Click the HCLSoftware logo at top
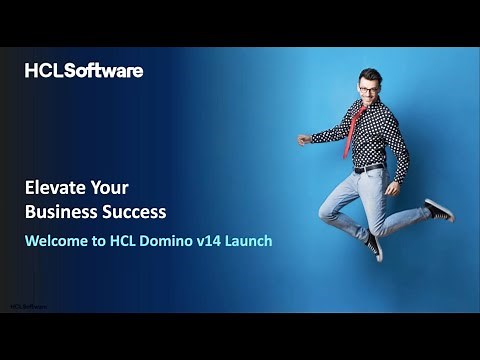coord(84,71)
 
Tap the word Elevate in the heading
coord(55,187)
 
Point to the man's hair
coord(369,75)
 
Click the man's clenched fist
coord(303,140)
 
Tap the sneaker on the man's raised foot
coord(439,210)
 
